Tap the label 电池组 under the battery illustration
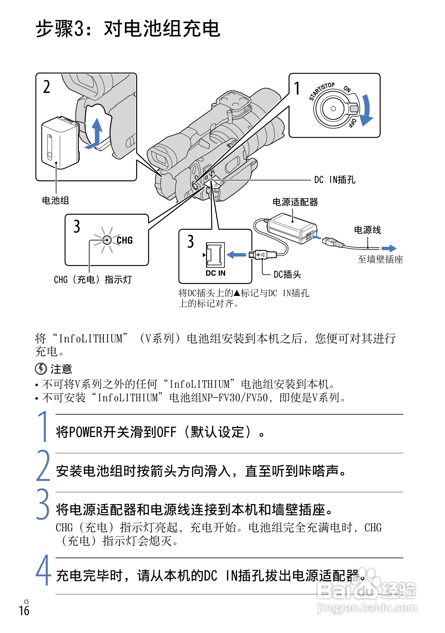(56, 200)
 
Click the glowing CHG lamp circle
(107, 240)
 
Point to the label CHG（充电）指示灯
(93, 279)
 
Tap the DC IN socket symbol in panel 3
(215, 254)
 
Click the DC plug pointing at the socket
(262, 255)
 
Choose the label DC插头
(287, 274)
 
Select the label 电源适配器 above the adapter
(295, 202)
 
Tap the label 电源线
(367, 230)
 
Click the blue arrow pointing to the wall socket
(389, 248)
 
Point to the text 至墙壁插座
(380, 259)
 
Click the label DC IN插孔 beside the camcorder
(335, 180)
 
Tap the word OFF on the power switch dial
(352, 122)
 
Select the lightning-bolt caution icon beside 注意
(41, 369)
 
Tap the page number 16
(24, 610)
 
